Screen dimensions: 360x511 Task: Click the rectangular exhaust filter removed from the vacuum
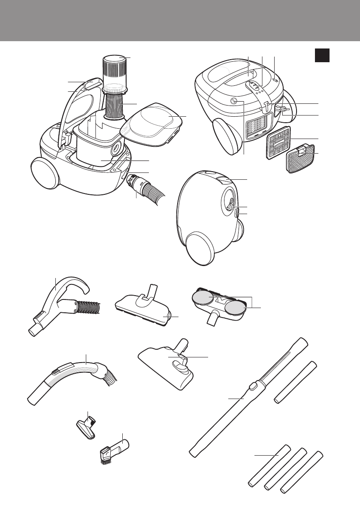click(x=278, y=142)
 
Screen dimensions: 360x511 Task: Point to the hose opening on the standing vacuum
click(x=229, y=202)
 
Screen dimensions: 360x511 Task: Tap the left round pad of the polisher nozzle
click(x=203, y=297)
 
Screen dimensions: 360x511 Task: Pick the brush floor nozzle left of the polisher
click(x=144, y=309)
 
